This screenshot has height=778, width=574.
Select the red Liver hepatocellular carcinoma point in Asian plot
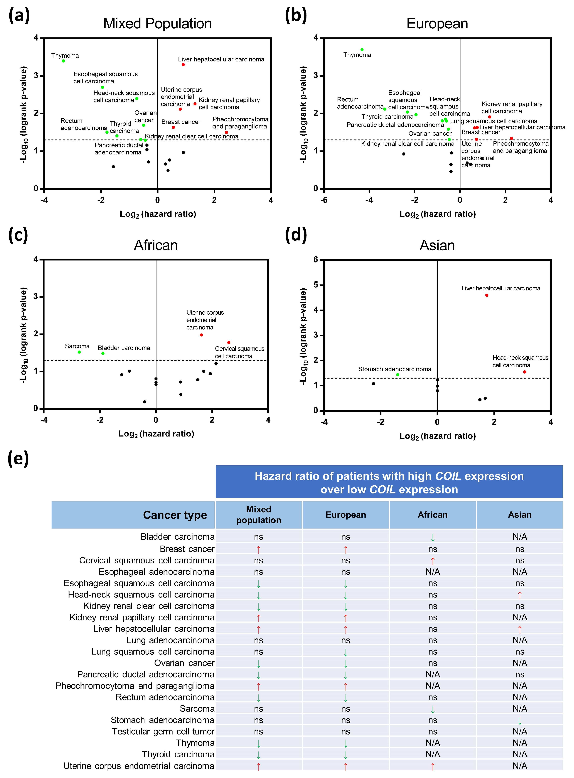tap(486, 295)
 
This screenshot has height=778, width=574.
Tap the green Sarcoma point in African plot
tap(79, 352)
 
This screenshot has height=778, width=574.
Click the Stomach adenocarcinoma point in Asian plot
tap(397, 375)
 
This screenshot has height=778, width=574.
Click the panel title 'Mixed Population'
tap(157, 24)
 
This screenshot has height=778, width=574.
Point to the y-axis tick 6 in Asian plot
tap(315, 260)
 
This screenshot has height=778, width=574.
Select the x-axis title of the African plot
tap(156, 434)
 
